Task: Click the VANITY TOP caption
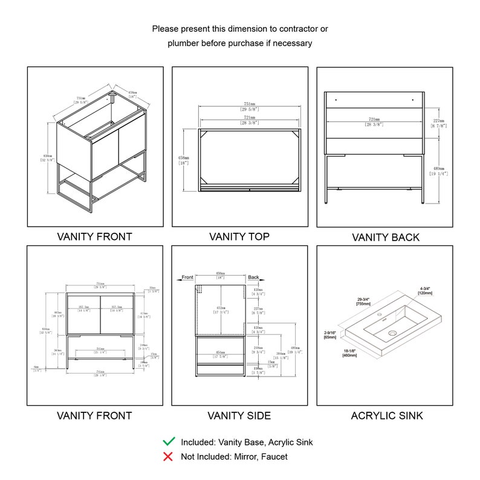(x=239, y=236)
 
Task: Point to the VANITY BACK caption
(x=385, y=238)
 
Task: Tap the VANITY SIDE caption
(x=239, y=415)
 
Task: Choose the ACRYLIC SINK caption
(x=387, y=415)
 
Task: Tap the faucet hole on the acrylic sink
(x=381, y=315)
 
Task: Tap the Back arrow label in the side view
(x=253, y=277)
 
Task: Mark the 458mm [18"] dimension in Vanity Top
(x=183, y=160)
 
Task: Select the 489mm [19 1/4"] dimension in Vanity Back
(x=438, y=170)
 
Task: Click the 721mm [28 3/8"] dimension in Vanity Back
(x=372, y=122)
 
